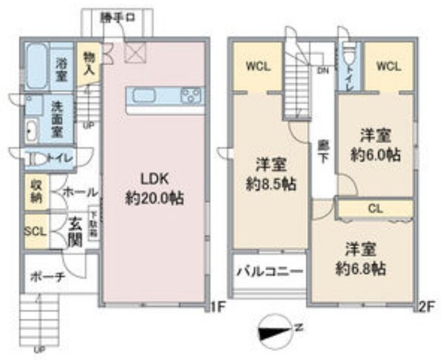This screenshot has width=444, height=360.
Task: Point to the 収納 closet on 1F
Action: point(36,191)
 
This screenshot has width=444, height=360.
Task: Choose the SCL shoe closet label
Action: point(36,231)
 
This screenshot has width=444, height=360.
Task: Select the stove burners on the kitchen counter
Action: point(191,96)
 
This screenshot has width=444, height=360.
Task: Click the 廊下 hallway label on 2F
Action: point(322,153)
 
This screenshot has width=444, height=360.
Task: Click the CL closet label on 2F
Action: point(375,209)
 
